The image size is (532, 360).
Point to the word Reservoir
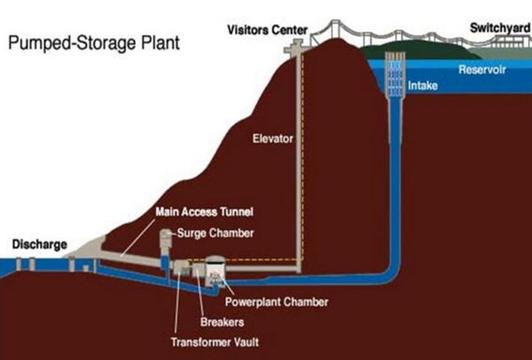pos(481,69)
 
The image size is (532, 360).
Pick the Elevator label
pos(272,138)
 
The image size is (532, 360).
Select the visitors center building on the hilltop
pos(302,36)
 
